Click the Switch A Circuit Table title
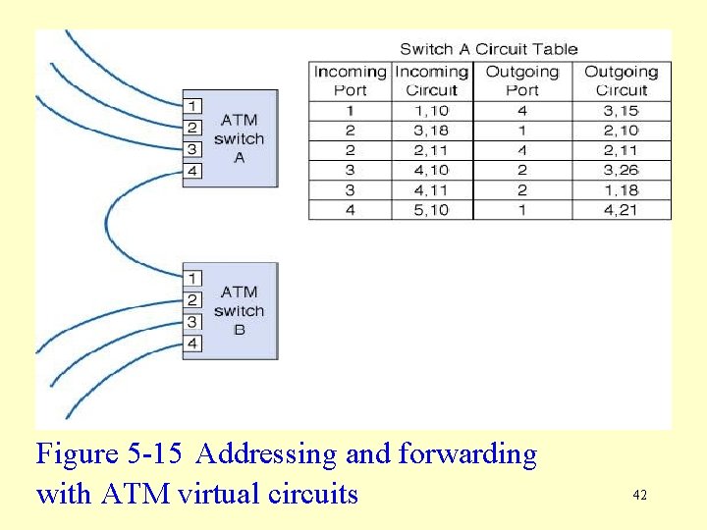point(488,48)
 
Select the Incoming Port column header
point(350,80)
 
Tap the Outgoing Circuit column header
point(621,80)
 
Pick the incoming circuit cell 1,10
point(431,111)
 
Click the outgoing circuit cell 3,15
point(621,111)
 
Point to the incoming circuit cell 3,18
point(431,131)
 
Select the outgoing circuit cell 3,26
point(621,170)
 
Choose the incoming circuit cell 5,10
point(431,209)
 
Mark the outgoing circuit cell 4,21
point(621,209)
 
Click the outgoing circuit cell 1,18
point(621,189)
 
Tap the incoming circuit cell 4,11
point(431,189)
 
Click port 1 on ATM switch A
point(193,105)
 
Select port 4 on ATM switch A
point(193,171)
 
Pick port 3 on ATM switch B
point(193,322)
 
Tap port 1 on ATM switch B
point(193,278)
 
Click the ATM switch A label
point(239,138)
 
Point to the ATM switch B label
point(239,310)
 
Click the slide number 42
point(640,496)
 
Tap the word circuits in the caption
point(313,493)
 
